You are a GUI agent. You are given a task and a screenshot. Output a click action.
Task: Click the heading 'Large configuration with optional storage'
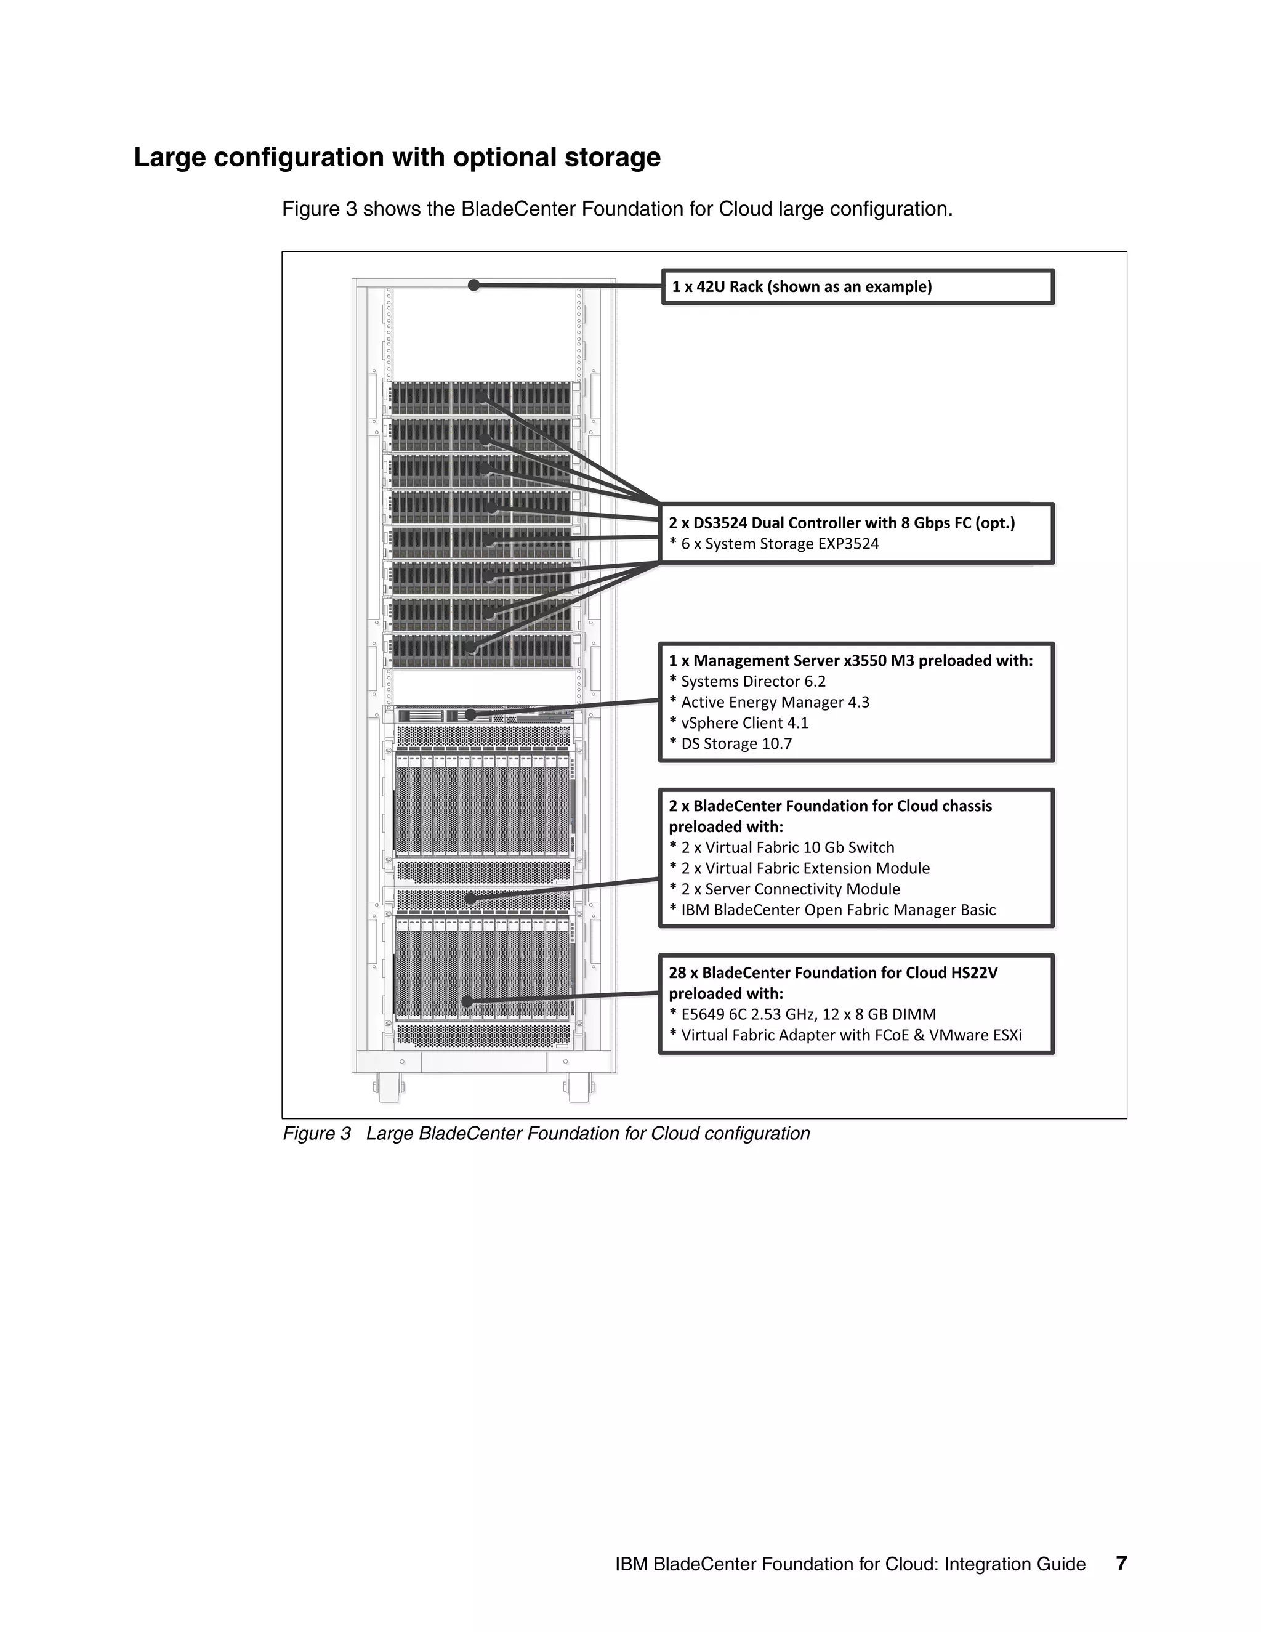pyautogui.click(x=397, y=158)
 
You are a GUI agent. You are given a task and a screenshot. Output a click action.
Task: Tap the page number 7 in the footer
pyautogui.click(x=1121, y=1563)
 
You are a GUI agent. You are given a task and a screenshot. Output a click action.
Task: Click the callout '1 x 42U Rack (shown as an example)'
pyautogui.click(x=802, y=287)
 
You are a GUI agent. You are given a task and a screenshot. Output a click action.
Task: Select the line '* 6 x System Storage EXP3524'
pyautogui.click(x=774, y=544)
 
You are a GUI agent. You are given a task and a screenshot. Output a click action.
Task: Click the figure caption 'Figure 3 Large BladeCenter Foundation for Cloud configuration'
pyautogui.click(x=546, y=1134)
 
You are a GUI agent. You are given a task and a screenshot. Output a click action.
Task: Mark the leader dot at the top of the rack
pyautogui.click(x=473, y=285)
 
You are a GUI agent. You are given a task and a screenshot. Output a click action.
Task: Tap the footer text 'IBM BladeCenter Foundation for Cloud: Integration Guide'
pyautogui.click(x=850, y=1564)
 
